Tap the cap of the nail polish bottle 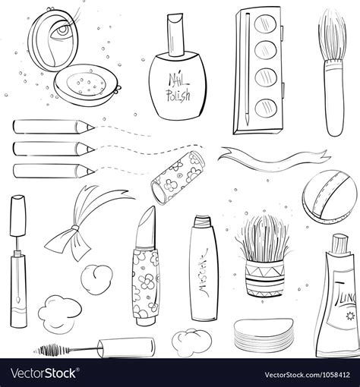pyautogui.click(x=175, y=34)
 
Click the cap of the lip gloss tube pyautogui.click(x=17, y=219)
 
